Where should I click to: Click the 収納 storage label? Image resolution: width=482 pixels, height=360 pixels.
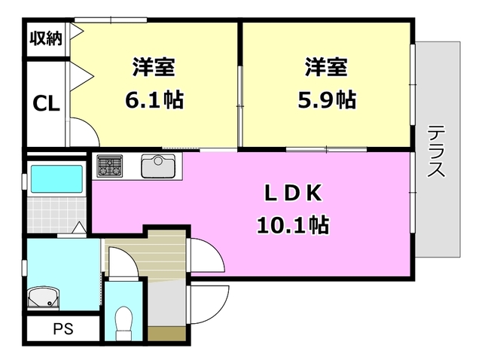46,37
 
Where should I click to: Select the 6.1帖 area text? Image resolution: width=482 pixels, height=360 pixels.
154,99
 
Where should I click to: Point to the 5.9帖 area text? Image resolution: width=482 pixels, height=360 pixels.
325,99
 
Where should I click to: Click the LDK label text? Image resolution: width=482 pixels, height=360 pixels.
294,193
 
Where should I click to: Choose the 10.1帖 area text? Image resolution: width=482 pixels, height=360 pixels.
294,224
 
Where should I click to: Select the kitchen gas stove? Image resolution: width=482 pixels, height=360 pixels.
109,165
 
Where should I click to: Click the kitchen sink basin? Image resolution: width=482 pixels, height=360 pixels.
158,166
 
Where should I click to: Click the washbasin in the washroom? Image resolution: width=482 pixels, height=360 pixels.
44,297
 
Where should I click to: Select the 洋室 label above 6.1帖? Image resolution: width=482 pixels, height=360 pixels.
154,67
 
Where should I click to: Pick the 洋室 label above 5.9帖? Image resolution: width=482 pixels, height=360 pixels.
325,67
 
